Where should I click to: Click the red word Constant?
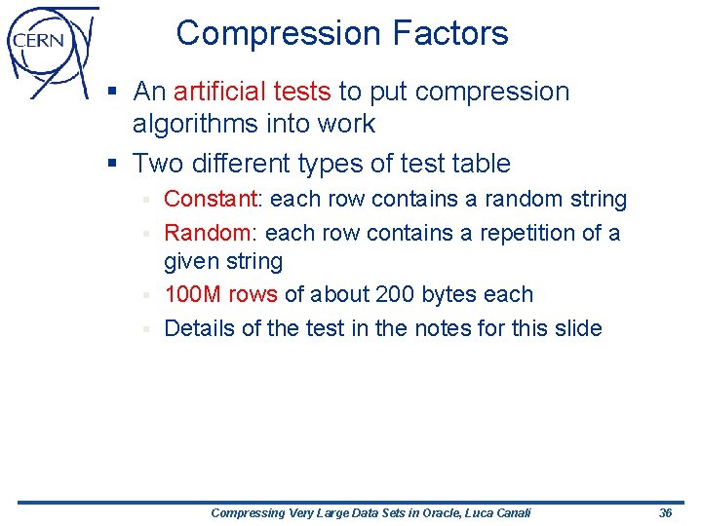coord(209,200)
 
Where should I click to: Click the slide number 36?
coord(666,512)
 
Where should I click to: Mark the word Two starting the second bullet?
coord(156,163)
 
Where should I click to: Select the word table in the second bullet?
coord(481,163)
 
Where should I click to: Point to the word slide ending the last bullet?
coord(572,328)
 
